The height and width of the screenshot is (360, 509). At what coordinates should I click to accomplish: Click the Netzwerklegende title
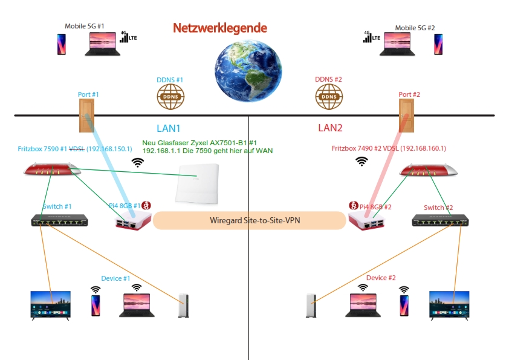tap(219, 28)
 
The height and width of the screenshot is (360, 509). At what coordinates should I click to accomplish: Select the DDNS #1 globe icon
tap(170, 96)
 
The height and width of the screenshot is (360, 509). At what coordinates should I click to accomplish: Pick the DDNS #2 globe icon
tap(329, 96)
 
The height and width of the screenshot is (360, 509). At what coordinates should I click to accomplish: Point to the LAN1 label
tap(169, 128)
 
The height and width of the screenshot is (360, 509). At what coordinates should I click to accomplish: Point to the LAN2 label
tap(330, 128)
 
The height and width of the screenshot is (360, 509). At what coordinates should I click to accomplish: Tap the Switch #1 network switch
tap(60, 221)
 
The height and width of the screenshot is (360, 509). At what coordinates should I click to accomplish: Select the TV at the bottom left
tap(51, 305)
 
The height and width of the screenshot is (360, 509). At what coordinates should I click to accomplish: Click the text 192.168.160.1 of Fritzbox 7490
tap(424, 148)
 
